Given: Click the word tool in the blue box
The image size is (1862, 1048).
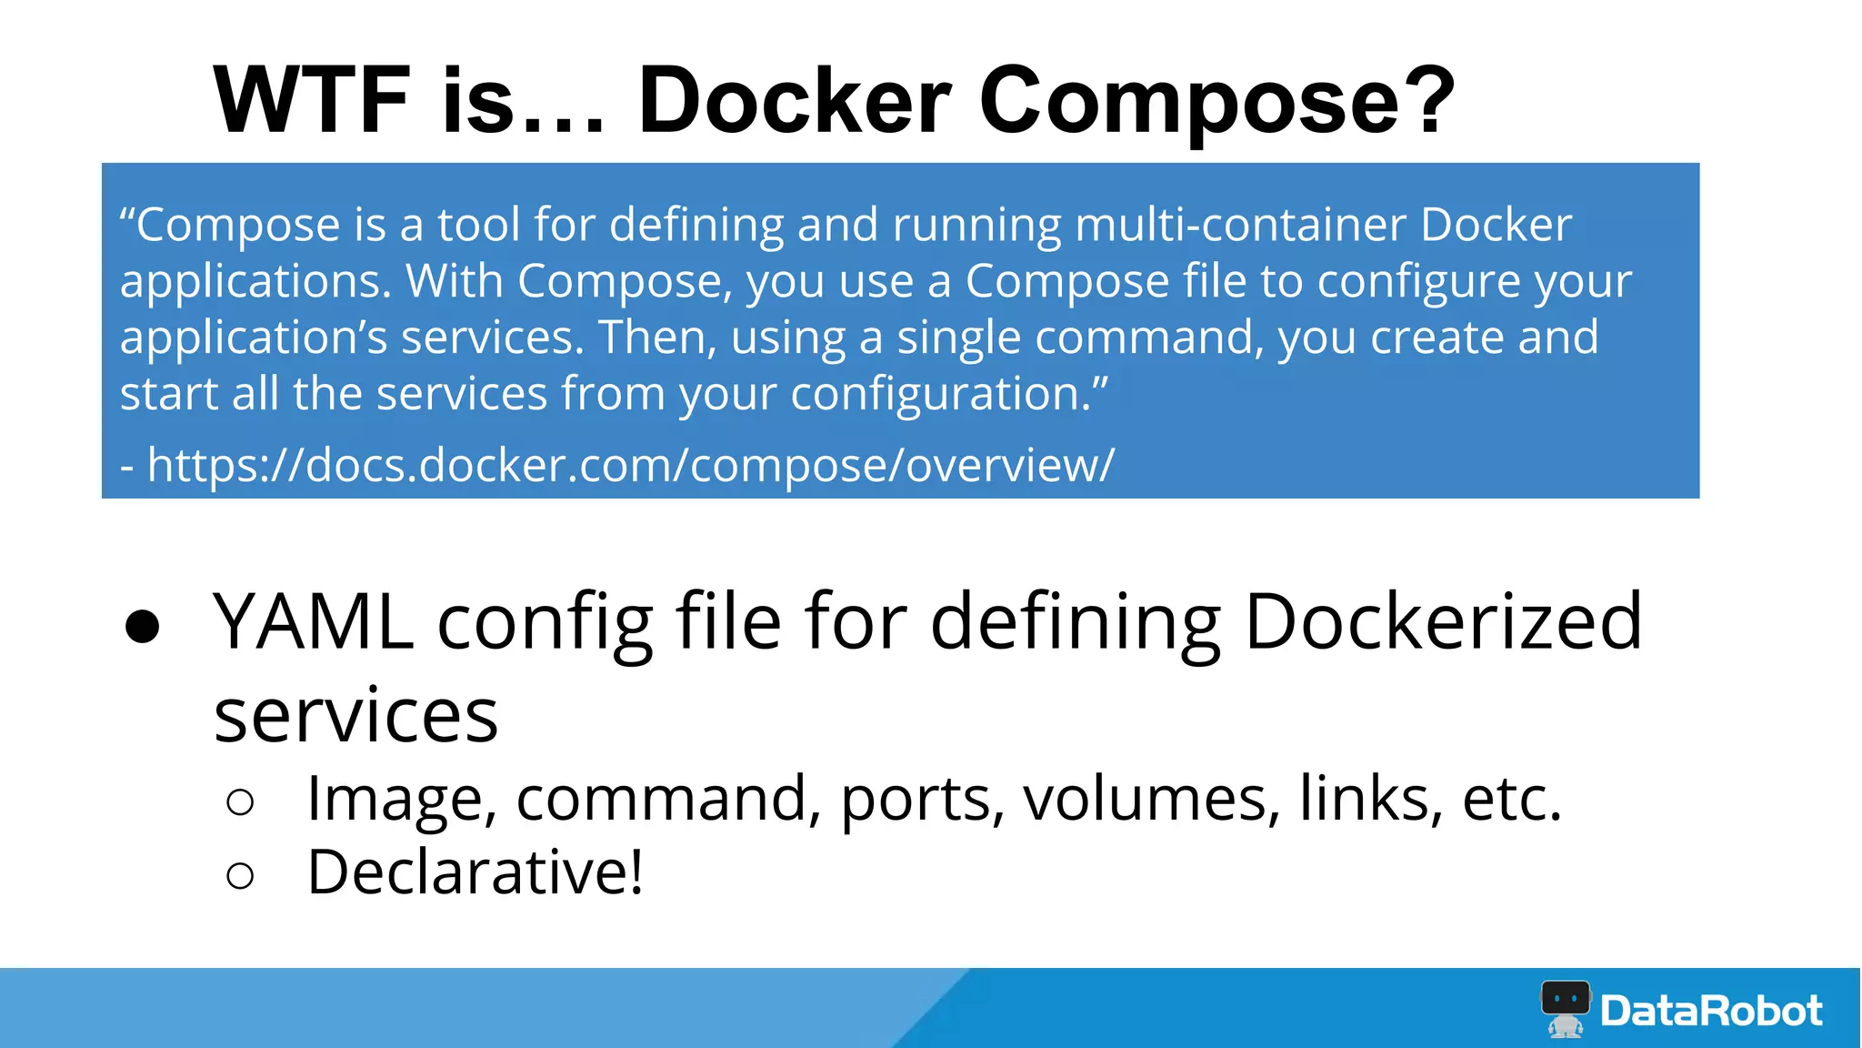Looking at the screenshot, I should pos(478,225).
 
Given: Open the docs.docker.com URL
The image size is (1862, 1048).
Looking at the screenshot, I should pos(630,465).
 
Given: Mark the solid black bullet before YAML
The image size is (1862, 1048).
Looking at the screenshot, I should pos(143,627).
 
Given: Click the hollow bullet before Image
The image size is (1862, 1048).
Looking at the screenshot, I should pos(240,802).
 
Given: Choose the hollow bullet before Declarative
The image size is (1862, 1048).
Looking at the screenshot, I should pos(240,876).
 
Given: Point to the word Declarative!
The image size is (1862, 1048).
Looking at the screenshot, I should pos(476,872).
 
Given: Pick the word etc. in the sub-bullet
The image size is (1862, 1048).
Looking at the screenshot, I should pos(1511,799).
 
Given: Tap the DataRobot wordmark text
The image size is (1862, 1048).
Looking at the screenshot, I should pos(1711,1011).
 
